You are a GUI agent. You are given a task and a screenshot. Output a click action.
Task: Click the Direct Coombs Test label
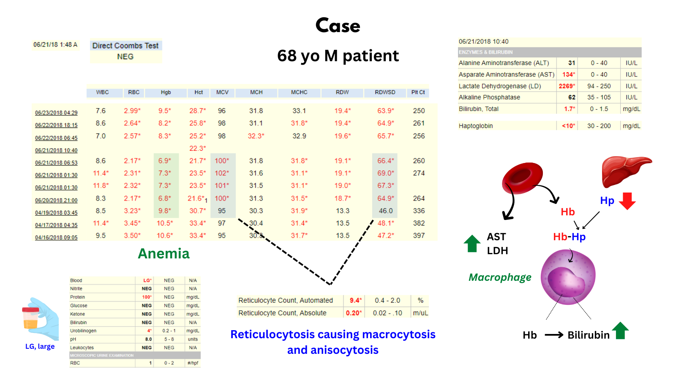pos(125,46)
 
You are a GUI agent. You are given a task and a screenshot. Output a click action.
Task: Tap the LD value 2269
pos(567,86)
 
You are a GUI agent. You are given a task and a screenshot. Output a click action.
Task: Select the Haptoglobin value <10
pos(568,126)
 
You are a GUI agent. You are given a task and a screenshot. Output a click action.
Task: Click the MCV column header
pos(222,92)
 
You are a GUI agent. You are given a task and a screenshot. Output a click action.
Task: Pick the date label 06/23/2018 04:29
pos(56,113)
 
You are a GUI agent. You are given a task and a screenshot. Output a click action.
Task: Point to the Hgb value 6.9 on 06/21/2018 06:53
pos(165,161)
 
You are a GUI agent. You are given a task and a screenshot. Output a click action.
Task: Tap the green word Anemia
pos(164,253)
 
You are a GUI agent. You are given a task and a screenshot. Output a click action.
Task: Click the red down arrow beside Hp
pos(627,201)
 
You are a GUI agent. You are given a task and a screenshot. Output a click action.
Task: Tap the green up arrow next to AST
pos(472,244)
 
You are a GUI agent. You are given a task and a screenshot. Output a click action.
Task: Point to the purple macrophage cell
pos(568,277)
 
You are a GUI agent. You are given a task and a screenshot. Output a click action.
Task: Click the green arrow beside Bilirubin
pos(620,331)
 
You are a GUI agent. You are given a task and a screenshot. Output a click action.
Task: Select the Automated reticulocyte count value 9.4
pos(354,301)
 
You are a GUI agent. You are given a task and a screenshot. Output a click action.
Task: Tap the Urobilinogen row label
pos(83,331)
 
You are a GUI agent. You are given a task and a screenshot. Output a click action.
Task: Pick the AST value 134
pos(568,75)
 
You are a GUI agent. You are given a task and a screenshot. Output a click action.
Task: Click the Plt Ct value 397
pos(419,236)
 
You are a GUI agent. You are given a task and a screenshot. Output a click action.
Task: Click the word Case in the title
pos(338,26)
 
